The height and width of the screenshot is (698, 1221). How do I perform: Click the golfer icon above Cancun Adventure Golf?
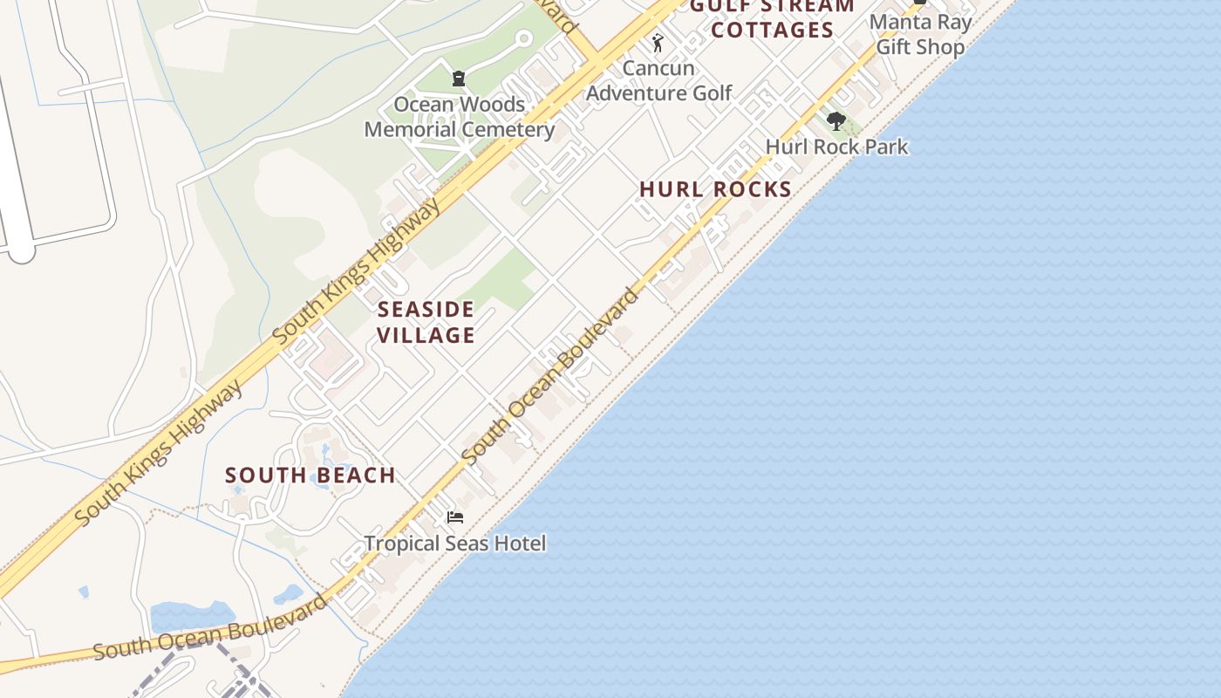(658, 43)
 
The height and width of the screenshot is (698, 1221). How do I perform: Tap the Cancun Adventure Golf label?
(658, 80)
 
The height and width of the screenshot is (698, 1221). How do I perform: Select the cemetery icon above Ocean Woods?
(459, 79)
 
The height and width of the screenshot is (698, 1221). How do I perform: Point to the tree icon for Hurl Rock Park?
(836, 121)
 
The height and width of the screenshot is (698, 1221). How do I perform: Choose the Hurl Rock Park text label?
(836, 147)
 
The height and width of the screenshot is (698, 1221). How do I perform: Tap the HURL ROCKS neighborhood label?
(715, 189)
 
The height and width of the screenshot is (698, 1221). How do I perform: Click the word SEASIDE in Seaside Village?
(426, 309)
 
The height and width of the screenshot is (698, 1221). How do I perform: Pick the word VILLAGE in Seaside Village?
(426, 335)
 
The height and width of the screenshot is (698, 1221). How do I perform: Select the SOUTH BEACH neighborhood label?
(310, 476)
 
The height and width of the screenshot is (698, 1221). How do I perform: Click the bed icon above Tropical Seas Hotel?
(454, 517)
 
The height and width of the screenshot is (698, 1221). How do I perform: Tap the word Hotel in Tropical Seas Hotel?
(520, 544)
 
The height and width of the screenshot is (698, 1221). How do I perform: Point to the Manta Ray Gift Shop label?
(920, 34)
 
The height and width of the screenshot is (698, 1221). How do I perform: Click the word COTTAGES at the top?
(773, 31)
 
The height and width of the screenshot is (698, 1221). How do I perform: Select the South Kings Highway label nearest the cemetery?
(358, 270)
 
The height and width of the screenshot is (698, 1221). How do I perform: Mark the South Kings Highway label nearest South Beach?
(159, 454)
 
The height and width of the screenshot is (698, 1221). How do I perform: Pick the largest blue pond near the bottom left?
(180, 617)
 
